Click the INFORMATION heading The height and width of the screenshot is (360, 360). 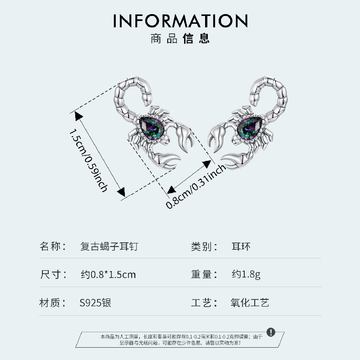180,21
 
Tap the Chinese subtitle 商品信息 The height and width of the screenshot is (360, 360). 180,38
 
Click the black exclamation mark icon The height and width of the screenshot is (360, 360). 271,332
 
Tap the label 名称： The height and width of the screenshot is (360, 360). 54,247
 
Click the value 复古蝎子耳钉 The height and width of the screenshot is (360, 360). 109,247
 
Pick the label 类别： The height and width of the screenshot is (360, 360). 204,247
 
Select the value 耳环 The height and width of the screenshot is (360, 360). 241,247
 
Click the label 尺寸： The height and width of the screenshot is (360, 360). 54,274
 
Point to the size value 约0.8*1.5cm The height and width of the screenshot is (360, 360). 108,274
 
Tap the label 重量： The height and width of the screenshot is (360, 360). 204,274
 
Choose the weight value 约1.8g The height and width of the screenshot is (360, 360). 246,274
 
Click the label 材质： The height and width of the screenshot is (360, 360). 54,302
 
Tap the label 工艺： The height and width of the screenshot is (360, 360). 204,302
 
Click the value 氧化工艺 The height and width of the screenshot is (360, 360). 250,302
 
